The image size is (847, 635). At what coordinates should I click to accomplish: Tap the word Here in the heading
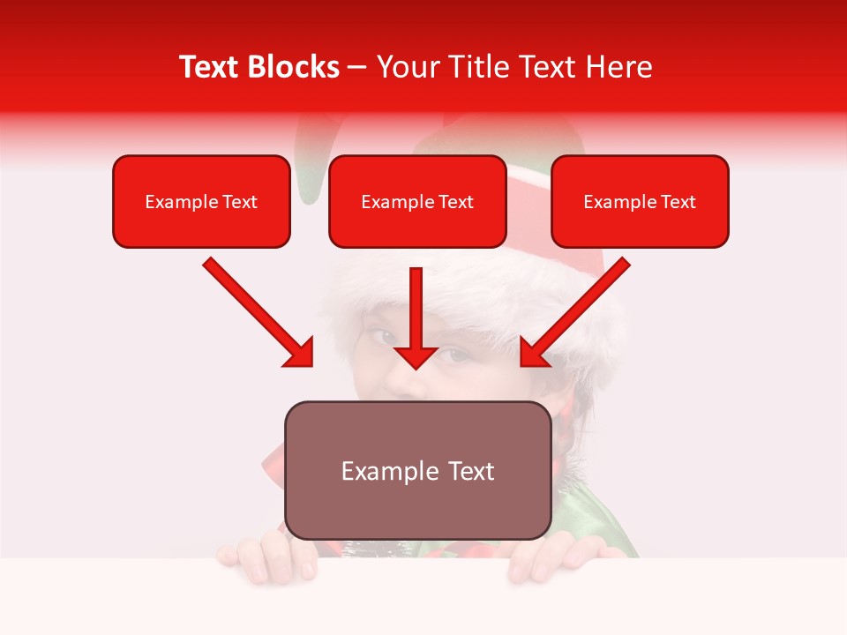pyautogui.click(x=617, y=67)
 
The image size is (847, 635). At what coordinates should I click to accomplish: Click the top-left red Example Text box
pyautogui.click(x=201, y=202)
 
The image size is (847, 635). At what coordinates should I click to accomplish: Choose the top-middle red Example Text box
pyautogui.click(x=417, y=202)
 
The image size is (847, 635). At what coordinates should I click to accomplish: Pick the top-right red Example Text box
pyautogui.click(x=640, y=202)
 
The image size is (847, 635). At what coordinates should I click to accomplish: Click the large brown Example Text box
pyautogui.click(x=417, y=470)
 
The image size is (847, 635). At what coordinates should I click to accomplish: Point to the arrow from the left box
pyautogui.click(x=259, y=312)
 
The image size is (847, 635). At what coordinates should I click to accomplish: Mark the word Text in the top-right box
pyautogui.click(x=679, y=202)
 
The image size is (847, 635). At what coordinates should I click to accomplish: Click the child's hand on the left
pyautogui.click(x=265, y=556)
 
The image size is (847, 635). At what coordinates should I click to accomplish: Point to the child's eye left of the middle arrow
pyautogui.click(x=383, y=337)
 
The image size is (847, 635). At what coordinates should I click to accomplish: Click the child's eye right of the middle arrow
pyautogui.click(x=453, y=355)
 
